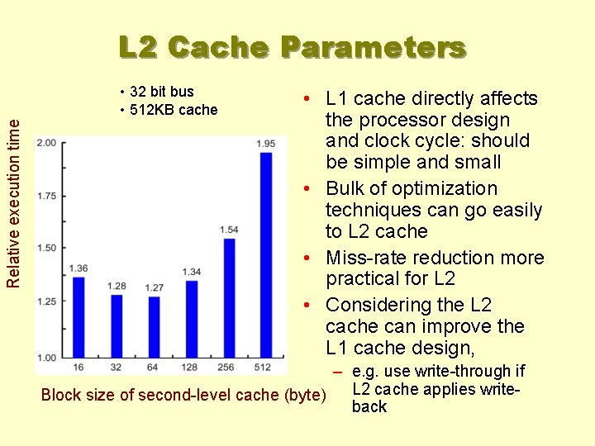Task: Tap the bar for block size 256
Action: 229,297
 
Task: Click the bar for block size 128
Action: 192,317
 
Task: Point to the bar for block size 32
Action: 117,324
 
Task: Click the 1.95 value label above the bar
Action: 265,144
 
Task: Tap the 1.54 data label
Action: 229,230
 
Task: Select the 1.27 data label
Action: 154,287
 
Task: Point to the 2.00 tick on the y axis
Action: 46,143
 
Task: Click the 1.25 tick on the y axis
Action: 46,301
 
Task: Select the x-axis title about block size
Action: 184,395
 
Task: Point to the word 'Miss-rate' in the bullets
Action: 364,259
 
